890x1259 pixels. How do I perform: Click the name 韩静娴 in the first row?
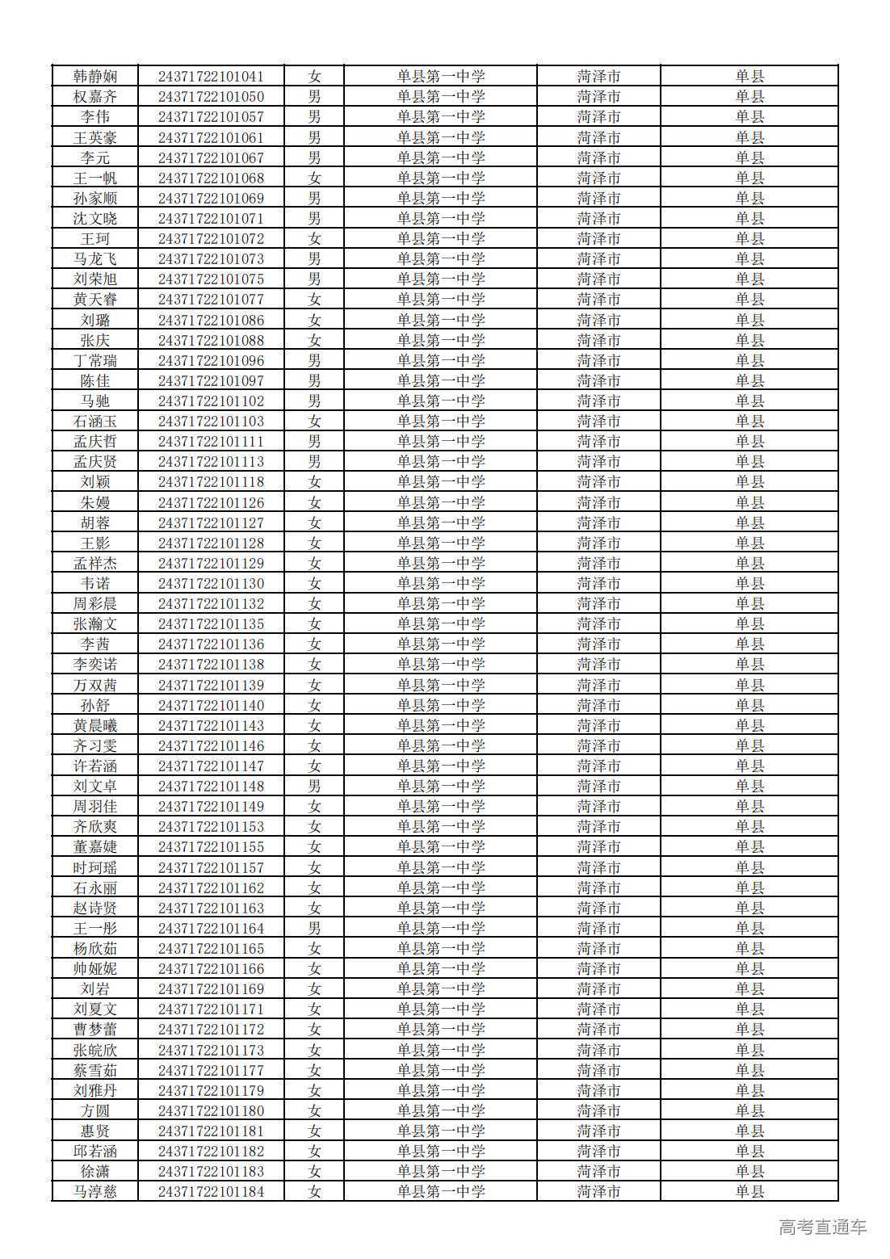pyautogui.click(x=95, y=77)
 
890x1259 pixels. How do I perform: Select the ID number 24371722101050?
pyautogui.click(x=211, y=97)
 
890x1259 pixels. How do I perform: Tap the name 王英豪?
pyautogui.click(x=95, y=138)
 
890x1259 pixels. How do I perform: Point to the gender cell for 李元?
pyautogui.click(x=314, y=158)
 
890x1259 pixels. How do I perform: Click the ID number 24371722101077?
pyautogui.click(x=211, y=300)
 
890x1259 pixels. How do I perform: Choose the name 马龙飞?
pyautogui.click(x=95, y=259)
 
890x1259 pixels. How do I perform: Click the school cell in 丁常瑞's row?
pyautogui.click(x=440, y=361)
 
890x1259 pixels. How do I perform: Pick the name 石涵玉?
pyautogui.click(x=95, y=422)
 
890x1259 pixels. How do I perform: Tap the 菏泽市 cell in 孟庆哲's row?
pyautogui.click(x=598, y=442)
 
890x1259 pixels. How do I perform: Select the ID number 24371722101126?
pyautogui.click(x=211, y=502)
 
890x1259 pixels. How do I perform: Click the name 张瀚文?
pyautogui.click(x=95, y=624)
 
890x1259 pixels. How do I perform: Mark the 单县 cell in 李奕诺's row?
pyautogui.click(x=749, y=665)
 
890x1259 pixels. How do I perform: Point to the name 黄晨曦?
pyautogui.click(x=95, y=726)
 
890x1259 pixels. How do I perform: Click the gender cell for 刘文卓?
pyautogui.click(x=314, y=787)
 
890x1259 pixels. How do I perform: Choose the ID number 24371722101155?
pyautogui.click(x=211, y=847)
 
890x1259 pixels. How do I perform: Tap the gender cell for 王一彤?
pyautogui.click(x=314, y=929)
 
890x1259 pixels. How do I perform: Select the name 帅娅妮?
pyautogui.click(x=95, y=969)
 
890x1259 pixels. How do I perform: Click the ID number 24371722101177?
pyautogui.click(x=211, y=1071)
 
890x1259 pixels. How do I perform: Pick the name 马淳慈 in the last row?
pyautogui.click(x=95, y=1192)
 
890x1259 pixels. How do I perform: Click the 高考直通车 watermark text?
pyautogui.click(x=822, y=1228)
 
